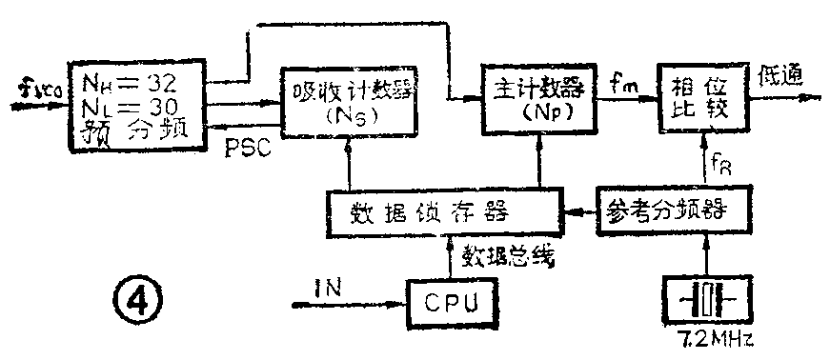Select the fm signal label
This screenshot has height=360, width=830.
(x=624, y=86)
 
